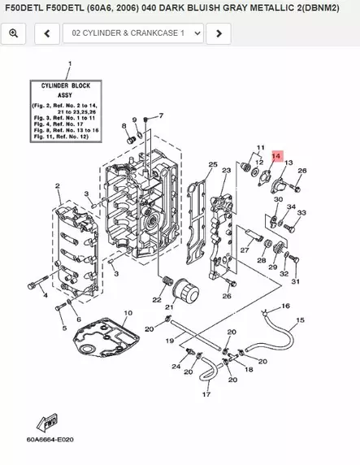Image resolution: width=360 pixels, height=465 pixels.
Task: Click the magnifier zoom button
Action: click(15, 33)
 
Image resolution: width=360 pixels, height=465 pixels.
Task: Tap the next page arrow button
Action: click(218, 33)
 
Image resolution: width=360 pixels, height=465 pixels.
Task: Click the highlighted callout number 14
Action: click(276, 155)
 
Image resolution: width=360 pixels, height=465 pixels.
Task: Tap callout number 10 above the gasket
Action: click(128, 313)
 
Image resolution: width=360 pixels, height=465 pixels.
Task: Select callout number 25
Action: click(212, 164)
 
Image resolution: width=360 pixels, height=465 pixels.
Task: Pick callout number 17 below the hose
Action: click(206, 394)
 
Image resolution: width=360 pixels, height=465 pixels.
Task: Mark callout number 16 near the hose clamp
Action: click(285, 306)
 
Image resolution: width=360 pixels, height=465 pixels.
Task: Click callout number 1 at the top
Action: click(69, 63)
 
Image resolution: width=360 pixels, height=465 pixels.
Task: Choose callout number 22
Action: click(156, 300)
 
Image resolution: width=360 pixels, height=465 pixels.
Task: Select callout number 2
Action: click(58, 186)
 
